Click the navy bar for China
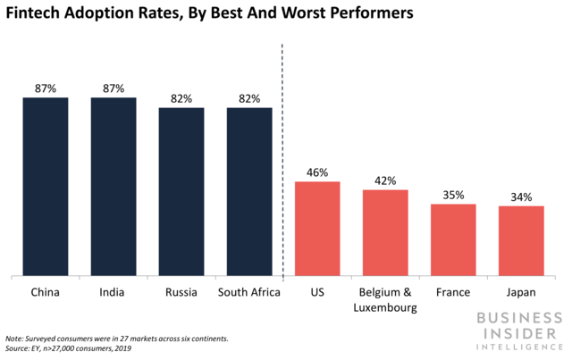46,187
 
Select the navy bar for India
114,187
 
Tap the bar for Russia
181,191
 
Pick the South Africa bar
249,191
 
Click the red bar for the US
317,229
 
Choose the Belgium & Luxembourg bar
385,233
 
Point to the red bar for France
453,240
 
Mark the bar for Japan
521,241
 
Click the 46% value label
317,171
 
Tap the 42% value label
385,180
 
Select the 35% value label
453,194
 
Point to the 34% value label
521,197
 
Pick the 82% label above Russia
181,97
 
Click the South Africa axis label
249,292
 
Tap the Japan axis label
521,292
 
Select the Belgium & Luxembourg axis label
385,299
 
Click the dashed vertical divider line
283,179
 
